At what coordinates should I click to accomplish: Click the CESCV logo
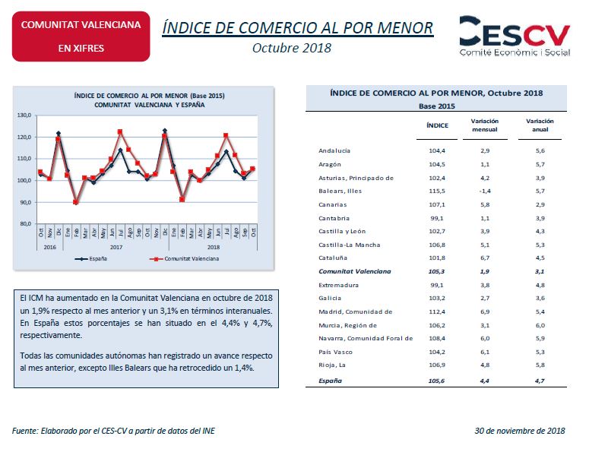tap(515, 36)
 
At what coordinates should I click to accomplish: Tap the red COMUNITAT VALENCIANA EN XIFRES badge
tap(81, 36)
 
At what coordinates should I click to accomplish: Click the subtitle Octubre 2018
tap(292, 48)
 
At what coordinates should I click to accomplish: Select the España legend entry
tap(91, 258)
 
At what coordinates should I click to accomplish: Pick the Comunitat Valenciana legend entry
tap(184, 258)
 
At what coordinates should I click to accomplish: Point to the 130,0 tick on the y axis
tap(24, 115)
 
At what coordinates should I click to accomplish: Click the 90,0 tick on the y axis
tap(25, 202)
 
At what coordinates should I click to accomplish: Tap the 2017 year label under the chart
tap(116, 247)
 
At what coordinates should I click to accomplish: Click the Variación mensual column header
tap(485, 125)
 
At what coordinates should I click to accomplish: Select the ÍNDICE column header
tap(437, 125)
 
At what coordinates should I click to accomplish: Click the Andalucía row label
tap(334, 150)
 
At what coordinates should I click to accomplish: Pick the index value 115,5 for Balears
tap(437, 191)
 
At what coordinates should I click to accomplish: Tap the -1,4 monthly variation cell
tap(485, 191)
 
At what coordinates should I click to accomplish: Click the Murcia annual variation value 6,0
tap(540, 325)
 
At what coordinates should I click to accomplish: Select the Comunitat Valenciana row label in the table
tap(355, 271)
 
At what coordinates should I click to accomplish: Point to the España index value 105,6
tap(436, 381)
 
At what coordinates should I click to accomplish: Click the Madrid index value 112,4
tap(437, 312)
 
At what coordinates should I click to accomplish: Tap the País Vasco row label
tap(335, 352)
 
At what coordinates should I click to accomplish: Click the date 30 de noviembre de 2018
tap(520, 431)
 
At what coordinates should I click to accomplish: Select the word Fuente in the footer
tap(25, 431)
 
